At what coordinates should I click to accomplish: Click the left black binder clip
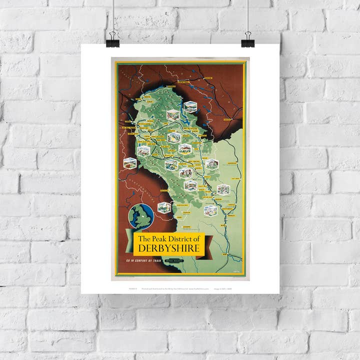tap(113, 40)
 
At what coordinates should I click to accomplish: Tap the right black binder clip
tap(248, 40)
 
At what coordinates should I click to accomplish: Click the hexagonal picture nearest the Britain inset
tap(162, 207)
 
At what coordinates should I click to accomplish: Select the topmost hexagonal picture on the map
tap(190, 106)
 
